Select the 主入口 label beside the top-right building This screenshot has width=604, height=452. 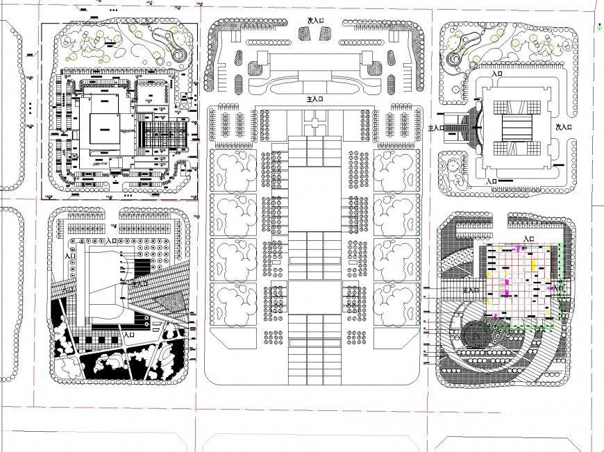click(x=437, y=128)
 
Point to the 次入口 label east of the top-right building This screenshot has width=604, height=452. click(x=563, y=127)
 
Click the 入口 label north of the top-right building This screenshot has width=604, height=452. click(x=497, y=73)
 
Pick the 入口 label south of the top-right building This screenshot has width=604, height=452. click(x=492, y=181)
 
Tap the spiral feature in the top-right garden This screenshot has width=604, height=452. click(x=455, y=59)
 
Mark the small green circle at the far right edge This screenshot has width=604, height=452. click(x=598, y=28)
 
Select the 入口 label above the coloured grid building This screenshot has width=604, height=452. click(x=527, y=239)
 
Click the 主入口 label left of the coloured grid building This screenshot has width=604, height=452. click(x=471, y=290)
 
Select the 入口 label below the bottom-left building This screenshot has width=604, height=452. click(x=128, y=335)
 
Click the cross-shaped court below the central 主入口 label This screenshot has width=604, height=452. click(x=315, y=125)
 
